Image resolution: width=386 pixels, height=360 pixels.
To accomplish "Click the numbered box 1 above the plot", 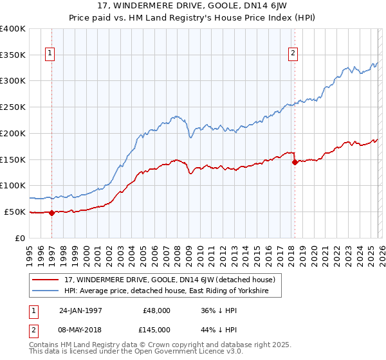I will [x=50, y=54].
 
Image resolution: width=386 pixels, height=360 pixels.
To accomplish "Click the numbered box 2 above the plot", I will [x=293, y=54].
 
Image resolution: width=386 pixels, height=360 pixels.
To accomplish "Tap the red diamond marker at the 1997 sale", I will [x=52, y=213].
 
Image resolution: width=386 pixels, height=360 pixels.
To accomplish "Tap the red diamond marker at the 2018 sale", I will [x=295, y=162].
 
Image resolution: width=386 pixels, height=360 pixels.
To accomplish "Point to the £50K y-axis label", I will [x=15, y=212].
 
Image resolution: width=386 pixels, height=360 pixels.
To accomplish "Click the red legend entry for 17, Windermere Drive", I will [x=170, y=280].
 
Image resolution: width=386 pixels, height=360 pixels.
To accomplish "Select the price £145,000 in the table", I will [x=157, y=329].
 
